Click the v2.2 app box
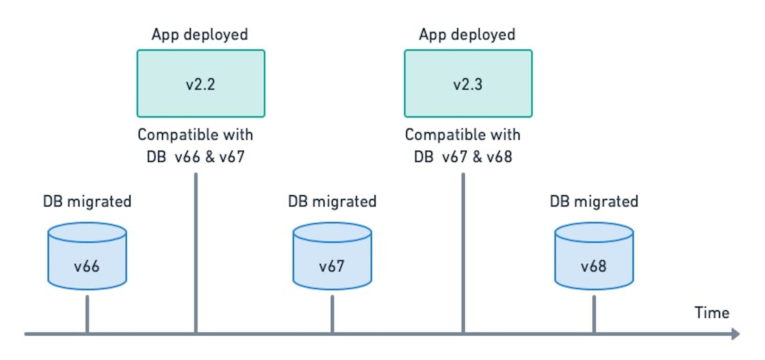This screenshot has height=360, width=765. coord(201,84)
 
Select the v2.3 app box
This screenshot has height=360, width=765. coord(468,84)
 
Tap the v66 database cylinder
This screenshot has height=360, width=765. coord(87,257)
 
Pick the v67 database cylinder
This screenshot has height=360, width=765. coord(332,257)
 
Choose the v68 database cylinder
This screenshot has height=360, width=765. coord(594,257)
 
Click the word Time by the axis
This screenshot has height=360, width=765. coord(712,313)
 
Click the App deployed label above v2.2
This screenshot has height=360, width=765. coord(200,35)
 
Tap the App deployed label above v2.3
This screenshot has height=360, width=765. coord(467,35)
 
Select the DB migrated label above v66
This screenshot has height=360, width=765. coord(87,202)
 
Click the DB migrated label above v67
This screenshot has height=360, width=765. coord(332,202)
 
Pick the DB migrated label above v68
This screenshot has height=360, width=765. coord(594,202)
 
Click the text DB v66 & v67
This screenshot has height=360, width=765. coord(195,157)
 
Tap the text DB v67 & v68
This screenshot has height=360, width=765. coord(463,157)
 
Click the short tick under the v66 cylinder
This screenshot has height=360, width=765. coord(87,314)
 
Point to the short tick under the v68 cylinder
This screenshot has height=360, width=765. coord(594,314)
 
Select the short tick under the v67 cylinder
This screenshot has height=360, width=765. coord(332,314)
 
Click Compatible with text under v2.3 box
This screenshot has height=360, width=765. coord(463,135)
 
